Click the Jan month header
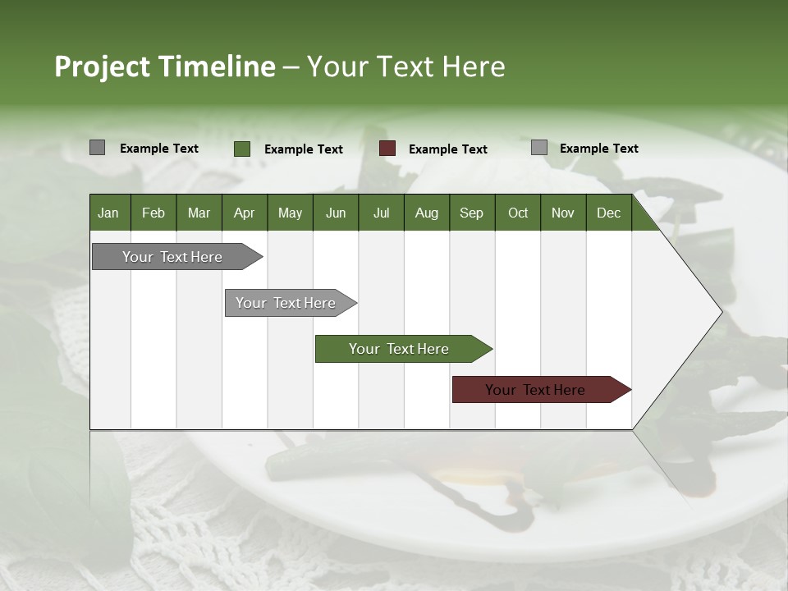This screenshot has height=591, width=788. (108, 213)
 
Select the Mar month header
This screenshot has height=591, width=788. (199, 213)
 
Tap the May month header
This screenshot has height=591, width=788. (290, 213)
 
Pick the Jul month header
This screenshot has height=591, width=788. (381, 213)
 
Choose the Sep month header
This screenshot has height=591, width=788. (471, 213)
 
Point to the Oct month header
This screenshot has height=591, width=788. (518, 213)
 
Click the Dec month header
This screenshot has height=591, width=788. (608, 213)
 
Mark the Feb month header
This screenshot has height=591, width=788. (153, 213)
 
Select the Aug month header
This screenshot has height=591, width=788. (426, 213)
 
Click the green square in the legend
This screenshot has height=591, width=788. (242, 149)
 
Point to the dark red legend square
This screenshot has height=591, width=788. (387, 149)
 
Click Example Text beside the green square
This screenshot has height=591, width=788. (304, 149)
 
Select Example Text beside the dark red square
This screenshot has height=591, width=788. (448, 149)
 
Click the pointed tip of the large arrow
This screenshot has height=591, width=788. (720, 312)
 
